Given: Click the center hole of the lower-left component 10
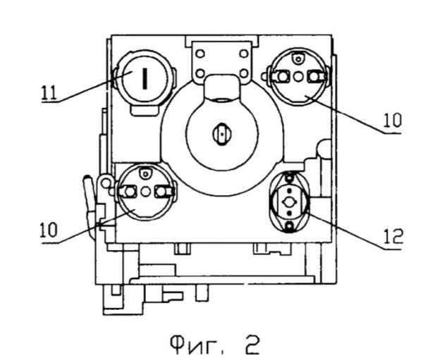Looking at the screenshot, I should [145, 191].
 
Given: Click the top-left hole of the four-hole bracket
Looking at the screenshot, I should [200, 54].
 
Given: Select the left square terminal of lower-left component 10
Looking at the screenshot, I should [130, 191].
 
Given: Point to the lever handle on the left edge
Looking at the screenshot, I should [87, 193].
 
